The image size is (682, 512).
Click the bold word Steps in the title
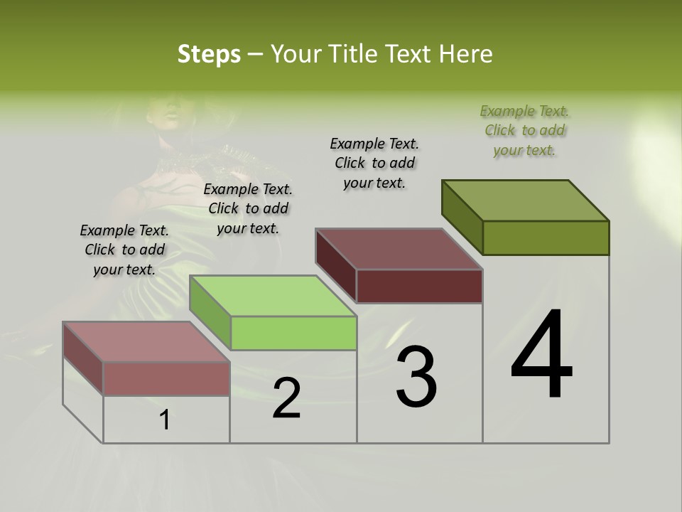[209, 54]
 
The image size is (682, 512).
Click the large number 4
[541, 356]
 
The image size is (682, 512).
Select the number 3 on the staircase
[416, 376]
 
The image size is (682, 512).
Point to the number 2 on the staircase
[286, 398]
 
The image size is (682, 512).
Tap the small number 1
[165, 420]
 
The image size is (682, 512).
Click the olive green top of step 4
[526, 200]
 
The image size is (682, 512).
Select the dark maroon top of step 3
[399, 249]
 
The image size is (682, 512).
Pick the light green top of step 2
[273, 296]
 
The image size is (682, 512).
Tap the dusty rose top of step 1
[146, 342]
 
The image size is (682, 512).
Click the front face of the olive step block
[546, 238]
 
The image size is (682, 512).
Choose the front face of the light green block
[293, 333]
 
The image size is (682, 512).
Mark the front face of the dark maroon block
[419, 286]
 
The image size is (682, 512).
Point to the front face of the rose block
[166, 378]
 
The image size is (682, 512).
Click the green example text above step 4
[524, 130]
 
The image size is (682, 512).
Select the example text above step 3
[374, 163]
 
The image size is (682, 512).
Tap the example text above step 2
[248, 208]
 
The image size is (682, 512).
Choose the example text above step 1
[124, 250]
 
